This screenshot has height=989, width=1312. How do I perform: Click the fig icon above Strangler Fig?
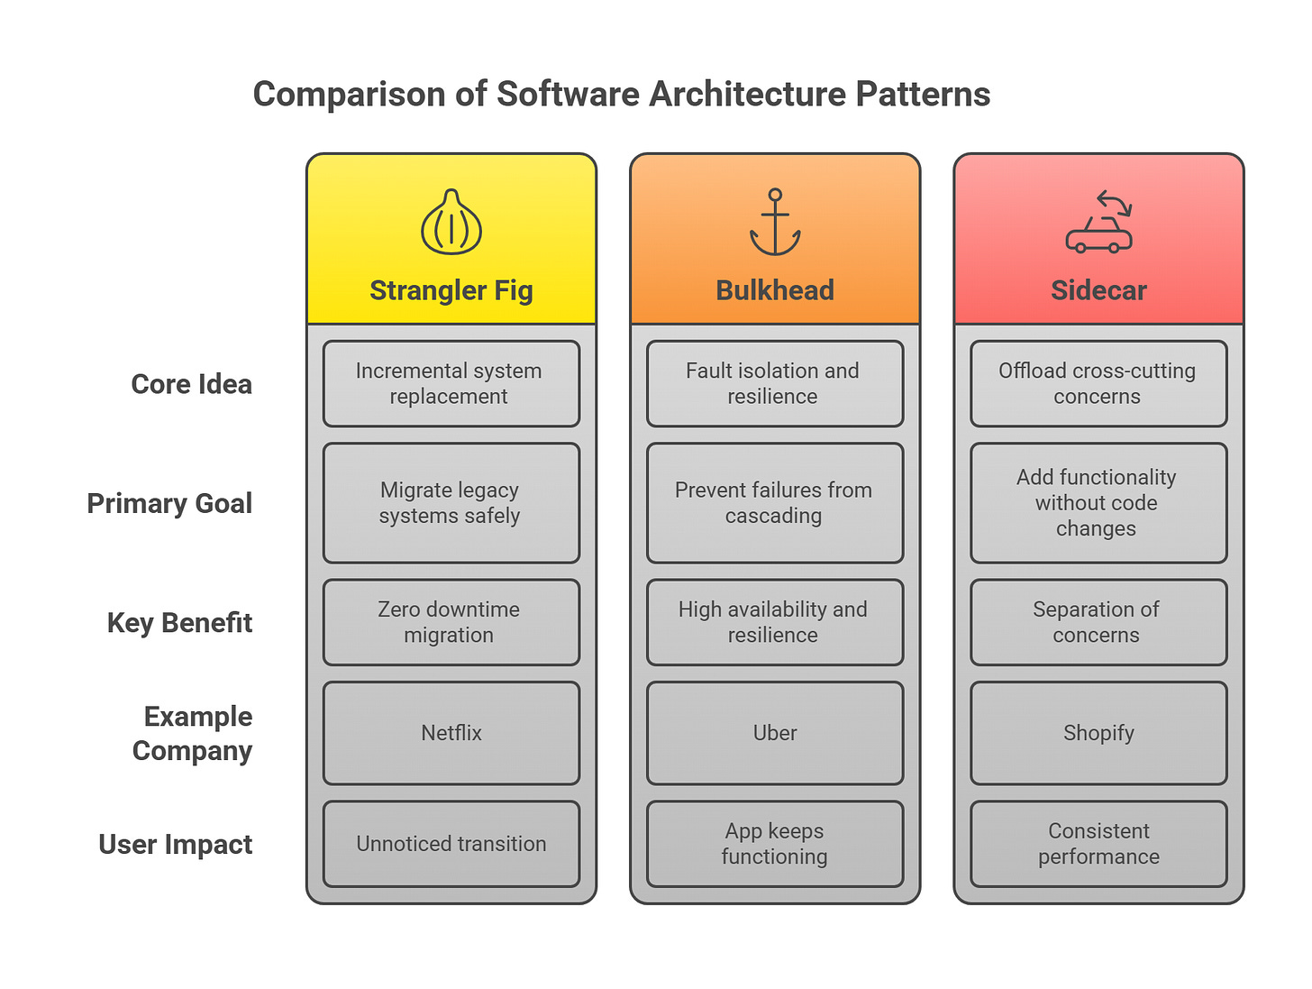coord(451,222)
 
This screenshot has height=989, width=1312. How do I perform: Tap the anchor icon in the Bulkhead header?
coord(775,222)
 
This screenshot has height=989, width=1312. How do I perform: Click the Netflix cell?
coord(451,733)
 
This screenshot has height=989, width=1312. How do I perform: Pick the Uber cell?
coord(775,733)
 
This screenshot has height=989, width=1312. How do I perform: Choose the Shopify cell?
coord(1098,733)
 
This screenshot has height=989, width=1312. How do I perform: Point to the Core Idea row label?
coord(191,384)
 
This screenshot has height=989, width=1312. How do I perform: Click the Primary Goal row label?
coord(169,503)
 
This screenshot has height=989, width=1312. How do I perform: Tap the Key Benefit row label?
coord(179,623)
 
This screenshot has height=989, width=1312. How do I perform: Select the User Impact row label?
coord(175,845)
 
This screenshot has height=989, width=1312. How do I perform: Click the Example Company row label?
coord(192,734)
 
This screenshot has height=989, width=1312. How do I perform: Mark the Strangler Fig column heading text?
coord(451,290)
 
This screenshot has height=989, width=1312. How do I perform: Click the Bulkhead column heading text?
coord(775,290)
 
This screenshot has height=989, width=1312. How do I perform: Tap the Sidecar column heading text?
coord(1098,290)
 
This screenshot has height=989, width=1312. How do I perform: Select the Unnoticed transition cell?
coord(451,844)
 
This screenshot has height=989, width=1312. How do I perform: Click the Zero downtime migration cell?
coord(451,622)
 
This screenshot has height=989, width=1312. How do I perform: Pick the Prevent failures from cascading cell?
coord(775,503)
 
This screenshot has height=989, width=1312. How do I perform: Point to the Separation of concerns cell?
coord(1098,622)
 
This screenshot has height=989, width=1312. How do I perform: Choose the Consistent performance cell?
coord(1098,844)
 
